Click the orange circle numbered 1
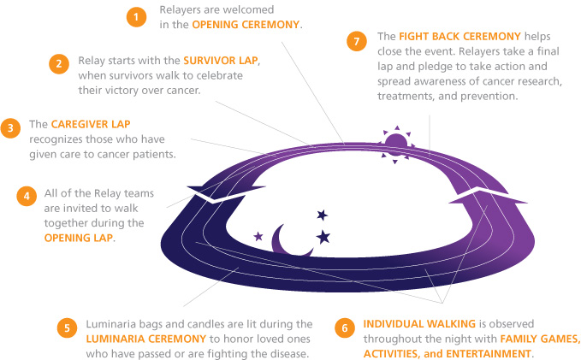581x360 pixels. pos(136,17)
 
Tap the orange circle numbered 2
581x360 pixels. pos(59,64)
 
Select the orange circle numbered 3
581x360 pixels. pos(10,128)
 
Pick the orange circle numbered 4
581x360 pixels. pos(27,196)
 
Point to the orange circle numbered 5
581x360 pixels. pos(67,328)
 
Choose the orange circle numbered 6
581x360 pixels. pos(345,328)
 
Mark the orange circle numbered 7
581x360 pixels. pos(357,41)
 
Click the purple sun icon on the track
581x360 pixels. pos(396,145)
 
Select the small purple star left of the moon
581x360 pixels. pos(258,236)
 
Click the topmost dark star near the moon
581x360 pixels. pos(322,215)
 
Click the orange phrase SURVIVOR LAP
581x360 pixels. pos(221,61)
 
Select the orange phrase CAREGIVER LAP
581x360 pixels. pos(91,124)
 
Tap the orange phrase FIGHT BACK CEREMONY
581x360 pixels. pos(459,36)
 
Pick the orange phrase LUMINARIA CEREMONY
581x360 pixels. pos(146,339)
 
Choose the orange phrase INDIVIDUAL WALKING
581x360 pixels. pos(419,324)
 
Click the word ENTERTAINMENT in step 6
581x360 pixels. pos(489,354)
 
